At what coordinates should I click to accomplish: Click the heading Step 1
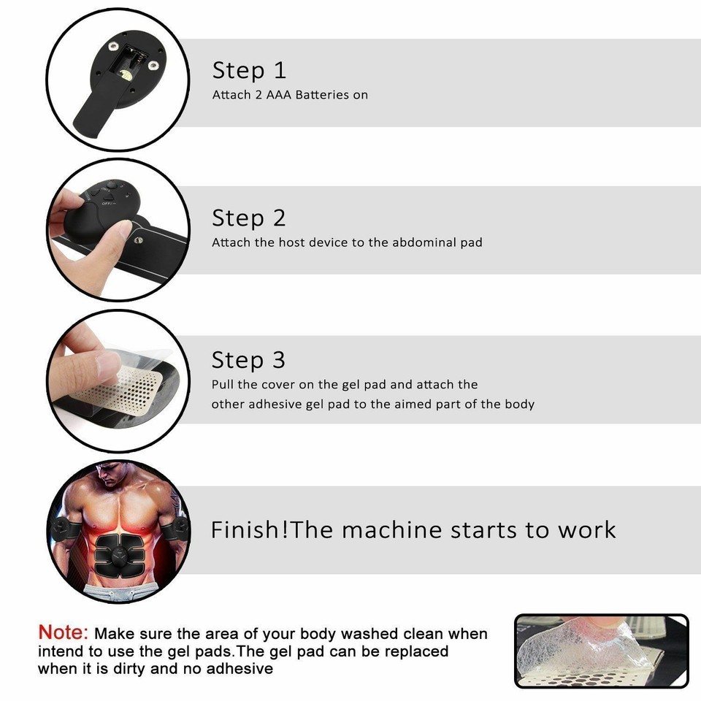(x=249, y=70)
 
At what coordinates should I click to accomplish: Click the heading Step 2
(x=249, y=218)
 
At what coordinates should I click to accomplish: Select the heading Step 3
(x=248, y=360)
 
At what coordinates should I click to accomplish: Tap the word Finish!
(x=249, y=529)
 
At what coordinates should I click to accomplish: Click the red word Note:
(x=63, y=632)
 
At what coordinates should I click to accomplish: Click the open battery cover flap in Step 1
(x=95, y=110)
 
